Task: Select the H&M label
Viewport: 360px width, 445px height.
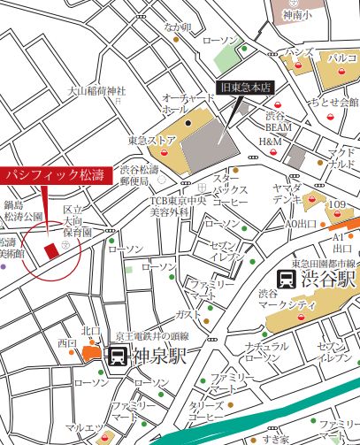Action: pyautogui.click(x=269, y=142)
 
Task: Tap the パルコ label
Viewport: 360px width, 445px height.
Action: pyautogui.click(x=341, y=57)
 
